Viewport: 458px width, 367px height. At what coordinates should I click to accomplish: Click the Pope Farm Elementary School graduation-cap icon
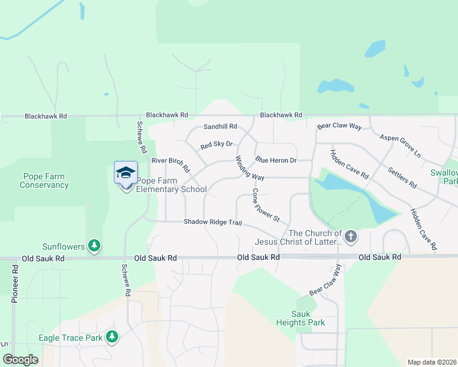pyautogui.click(x=126, y=172)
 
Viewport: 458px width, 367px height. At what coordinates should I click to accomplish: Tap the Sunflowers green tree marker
pyautogui.click(x=94, y=246)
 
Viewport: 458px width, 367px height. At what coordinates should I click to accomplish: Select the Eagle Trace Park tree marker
pyautogui.click(x=111, y=336)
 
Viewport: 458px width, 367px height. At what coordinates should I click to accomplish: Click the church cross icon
pyautogui.click(x=350, y=235)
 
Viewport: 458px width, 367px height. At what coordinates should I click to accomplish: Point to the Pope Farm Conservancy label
pyautogui.click(x=43, y=180)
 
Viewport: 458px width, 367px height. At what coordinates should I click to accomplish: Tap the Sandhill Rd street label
pyautogui.click(x=220, y=127)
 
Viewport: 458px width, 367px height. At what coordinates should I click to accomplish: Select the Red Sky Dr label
pyautogui.click(x=217, y=145)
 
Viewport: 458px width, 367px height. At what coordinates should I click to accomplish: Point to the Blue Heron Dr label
pyautogui.click(x=276, y=160)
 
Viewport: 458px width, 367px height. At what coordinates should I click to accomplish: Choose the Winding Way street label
pyautogui.click(x=250, y=168)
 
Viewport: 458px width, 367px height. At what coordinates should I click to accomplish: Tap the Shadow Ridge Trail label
pyautogui.click(x=213, y=221)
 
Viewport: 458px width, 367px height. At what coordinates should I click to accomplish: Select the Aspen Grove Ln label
pyautogui.click(x=400, y=146)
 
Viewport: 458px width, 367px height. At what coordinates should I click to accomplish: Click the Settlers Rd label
pyautogui.click(x=402, y=177)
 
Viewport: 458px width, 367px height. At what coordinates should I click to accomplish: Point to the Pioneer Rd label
pyautogui.click(x=15, y=284)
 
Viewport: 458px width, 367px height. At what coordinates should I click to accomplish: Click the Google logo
pyautogui.click(x=21, y=359)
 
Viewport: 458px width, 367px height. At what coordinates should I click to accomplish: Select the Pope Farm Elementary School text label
pyautogui.click(x=171, y=185)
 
